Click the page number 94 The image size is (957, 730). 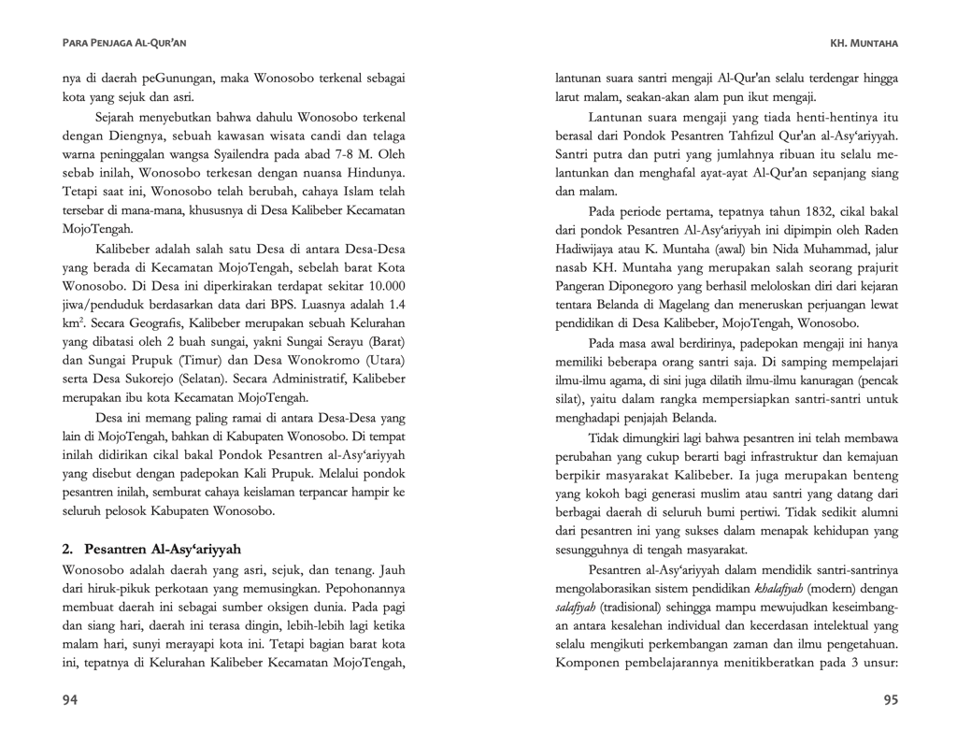pyautogui.click(x=70, y=699)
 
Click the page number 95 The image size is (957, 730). pyautogui.click(x=890, y=699)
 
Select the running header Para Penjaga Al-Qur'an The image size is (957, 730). pyautogui.click(x=123, y=43)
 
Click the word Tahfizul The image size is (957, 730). pyautogui.click(x=742, y=135)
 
